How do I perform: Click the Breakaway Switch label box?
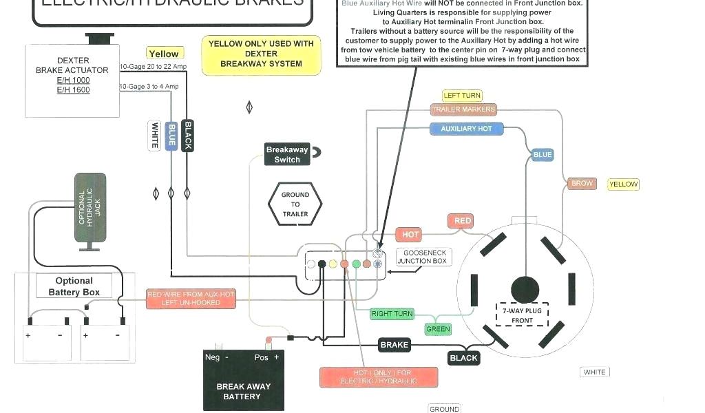287,154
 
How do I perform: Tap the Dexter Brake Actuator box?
73,80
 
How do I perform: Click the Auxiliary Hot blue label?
466,129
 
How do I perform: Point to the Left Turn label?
462,96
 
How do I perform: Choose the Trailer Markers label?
463,109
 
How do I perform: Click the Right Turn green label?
392,314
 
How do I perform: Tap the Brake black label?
394,345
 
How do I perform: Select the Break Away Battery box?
242,380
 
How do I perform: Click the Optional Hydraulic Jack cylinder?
90,208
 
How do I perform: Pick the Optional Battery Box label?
74,286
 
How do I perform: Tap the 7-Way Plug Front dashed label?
523,315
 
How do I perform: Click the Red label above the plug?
463,221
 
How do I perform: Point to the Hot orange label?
410,235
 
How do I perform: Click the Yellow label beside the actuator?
164,54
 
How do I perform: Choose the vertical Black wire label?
187,135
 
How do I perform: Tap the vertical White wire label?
155,135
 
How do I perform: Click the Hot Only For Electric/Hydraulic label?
379,377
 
